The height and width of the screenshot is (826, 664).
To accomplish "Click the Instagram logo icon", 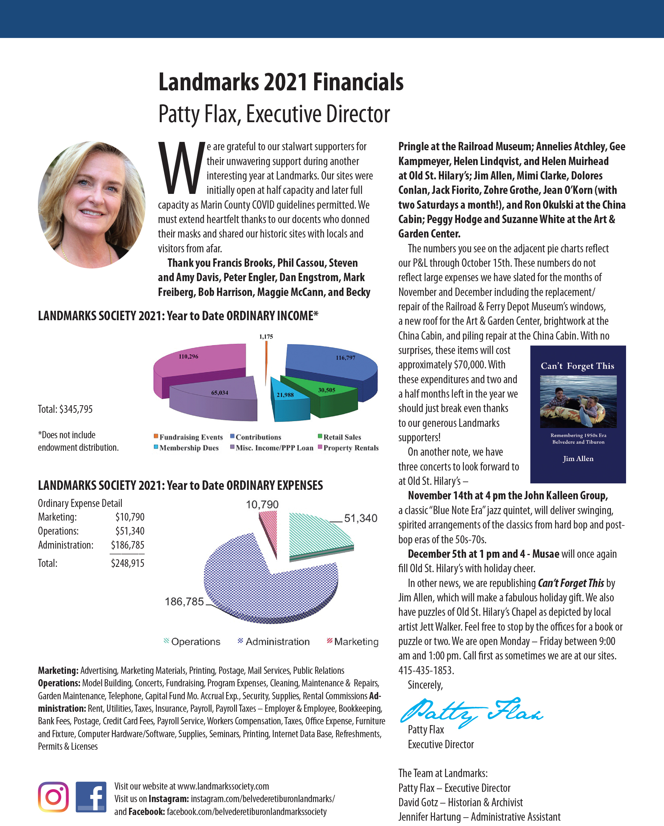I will pos(53,797).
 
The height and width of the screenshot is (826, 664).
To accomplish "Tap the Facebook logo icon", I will pos(91,797).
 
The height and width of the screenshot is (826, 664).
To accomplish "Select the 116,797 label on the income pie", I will pos(345,358).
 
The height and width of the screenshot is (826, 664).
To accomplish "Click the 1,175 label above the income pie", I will pos(266,337).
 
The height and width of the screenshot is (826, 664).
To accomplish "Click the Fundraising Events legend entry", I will pos(188,437).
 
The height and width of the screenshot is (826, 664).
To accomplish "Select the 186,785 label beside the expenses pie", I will pos(184,602).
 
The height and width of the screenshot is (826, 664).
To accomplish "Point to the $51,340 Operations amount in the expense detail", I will pos(129,531).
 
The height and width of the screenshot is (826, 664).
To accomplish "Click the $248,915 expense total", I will pos(127,563).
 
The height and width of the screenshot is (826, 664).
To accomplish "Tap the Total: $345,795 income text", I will pos(65,409).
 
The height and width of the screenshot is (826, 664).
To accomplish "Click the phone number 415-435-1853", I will pos(426,670).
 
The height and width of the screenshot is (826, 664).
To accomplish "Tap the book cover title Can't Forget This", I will pos(577,366).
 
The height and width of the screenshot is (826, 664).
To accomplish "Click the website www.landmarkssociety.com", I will pos(223,786).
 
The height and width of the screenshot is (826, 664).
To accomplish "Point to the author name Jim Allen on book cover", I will pos(578,459).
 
